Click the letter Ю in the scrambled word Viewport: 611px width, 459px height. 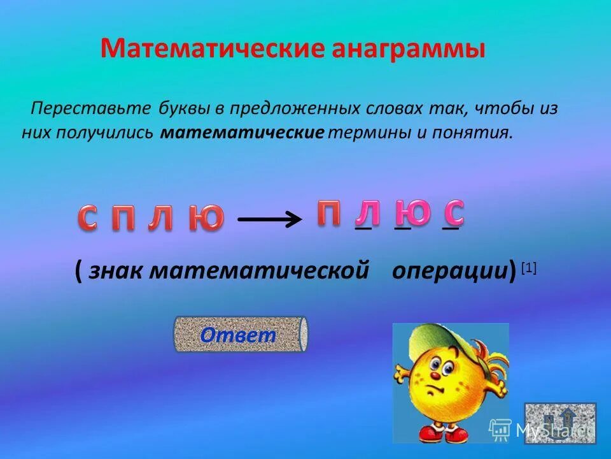(206, 218)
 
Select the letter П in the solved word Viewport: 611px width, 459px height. (328, 212)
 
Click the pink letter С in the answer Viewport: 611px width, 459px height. (454, 212)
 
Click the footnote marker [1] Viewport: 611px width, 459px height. (529, 268)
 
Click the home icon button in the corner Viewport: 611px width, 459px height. (560, 423)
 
